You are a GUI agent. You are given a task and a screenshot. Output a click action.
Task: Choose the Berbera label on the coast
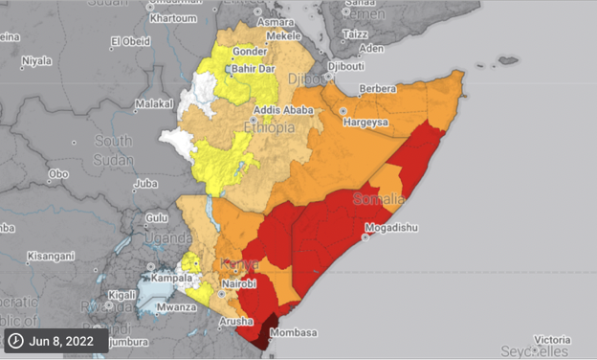click(x=376, y=88)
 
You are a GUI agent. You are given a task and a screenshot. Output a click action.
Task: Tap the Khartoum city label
click(x=172, y=18)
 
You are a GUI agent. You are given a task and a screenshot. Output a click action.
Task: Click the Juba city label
click(x=145, y=183)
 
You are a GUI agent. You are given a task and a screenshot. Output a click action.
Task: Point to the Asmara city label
click(x=275, y=21)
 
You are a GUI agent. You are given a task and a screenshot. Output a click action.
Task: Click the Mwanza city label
click(x=178, y=308)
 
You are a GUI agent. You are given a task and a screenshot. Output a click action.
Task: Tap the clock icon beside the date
click(x=17, y=341)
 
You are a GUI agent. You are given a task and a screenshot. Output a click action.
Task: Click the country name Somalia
click(x=379, y=199)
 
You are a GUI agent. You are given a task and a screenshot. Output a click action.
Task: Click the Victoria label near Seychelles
click(x=552, y=339)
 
